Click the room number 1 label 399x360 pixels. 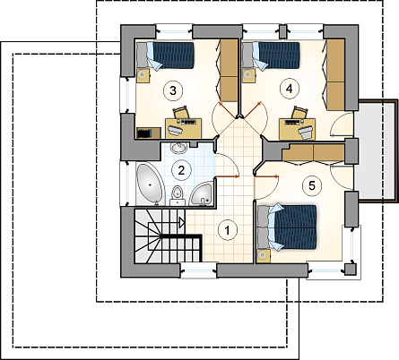click(228, 230)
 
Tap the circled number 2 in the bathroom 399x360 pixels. click(181, 170)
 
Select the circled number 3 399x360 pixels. click(173, 90)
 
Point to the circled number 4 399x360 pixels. click(289, 89)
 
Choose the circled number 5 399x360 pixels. click(311, 185)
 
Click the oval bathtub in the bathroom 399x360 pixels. click(150, 185)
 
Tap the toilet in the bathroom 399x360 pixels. click(178, 195)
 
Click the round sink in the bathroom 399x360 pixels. click(178, 148)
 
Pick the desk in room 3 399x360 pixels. click(184, 128)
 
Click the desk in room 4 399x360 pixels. click(298, 129)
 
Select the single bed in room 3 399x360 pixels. click(165, 56)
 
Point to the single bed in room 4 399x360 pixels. click(271, 56)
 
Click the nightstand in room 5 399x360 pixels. click(264, 256)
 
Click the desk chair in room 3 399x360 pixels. click(182, 113)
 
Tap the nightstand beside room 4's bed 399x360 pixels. click(248, 75)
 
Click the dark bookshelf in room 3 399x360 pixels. click(149, 133)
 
